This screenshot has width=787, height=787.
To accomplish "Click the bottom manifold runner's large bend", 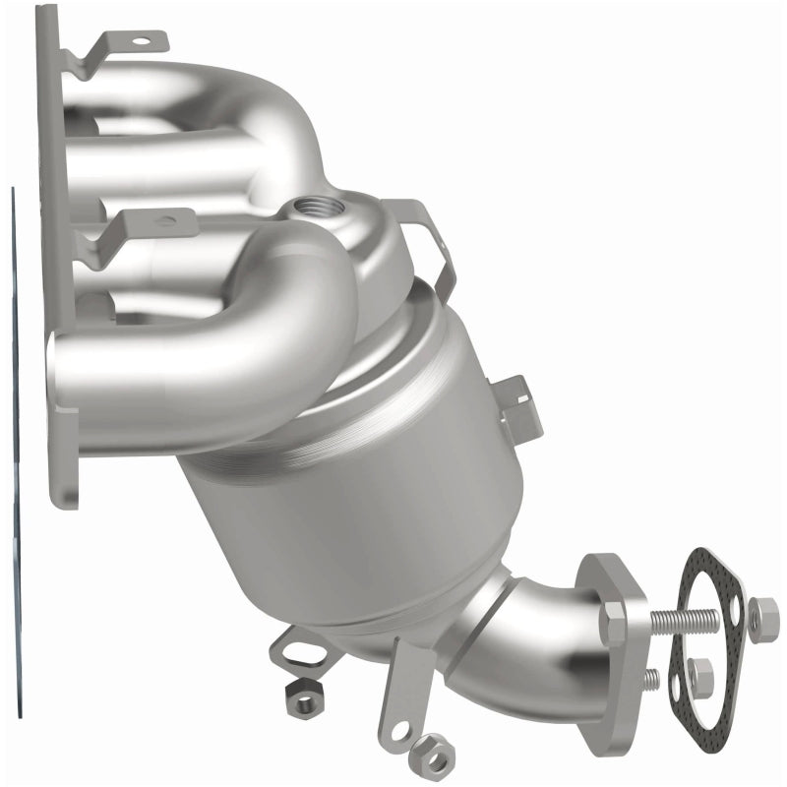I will click(x=295, y=315).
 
